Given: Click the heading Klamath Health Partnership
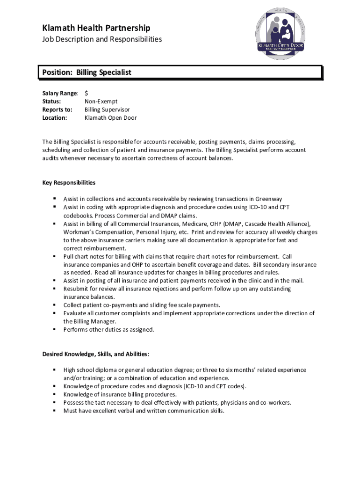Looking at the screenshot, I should pyautogui.click(x=96, y=28).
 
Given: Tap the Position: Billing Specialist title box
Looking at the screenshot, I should pyautogui.click(x=180, y=73).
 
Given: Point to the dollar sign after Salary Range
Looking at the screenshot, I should pyautogui.click(x=86, y=93).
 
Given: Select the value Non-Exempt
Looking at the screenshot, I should pyautogui.click(x=101, y=102).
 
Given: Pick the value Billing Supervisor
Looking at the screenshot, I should pyautogui.click(x=107, y=109).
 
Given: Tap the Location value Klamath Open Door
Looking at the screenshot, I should pyautogui.click(x=110, y=118).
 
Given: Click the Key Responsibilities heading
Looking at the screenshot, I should pyautogui.click(x=69, y=182).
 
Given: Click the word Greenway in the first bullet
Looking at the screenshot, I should pyautogui.click(x=268, y=199).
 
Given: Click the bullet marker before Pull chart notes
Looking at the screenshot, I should pyautogui.click(x=54, y=256).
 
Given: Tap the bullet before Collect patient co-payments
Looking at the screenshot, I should pyautogui.click(x=54, y=305).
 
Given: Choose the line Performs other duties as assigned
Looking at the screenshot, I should pyautogui.click(x=108, y=330).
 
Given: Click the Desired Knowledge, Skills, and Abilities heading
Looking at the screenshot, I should pyautogui.click(x=96, y=354).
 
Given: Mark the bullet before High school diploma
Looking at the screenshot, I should pyautogui.click(x=54, y=370).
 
